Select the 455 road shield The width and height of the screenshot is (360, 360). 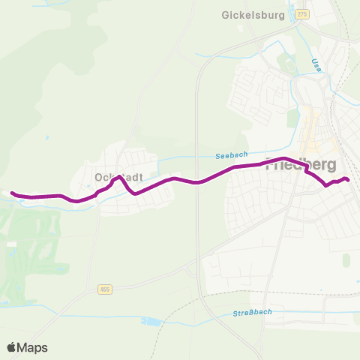click(x=103, y=289)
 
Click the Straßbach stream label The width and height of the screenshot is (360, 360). click(x=251, y=311)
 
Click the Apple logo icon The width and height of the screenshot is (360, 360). click(x=12, y=347)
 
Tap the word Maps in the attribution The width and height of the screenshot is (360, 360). click(x=33, y=347)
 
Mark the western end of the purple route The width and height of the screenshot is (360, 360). click(x=13, y=193)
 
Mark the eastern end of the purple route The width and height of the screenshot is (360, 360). click(x=347, y=178)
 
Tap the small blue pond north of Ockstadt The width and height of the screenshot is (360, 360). click(x=47, y=138)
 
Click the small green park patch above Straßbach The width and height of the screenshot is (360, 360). click(x=346, y=259)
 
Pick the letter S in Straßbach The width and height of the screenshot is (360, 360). click(x=234, y=311)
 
